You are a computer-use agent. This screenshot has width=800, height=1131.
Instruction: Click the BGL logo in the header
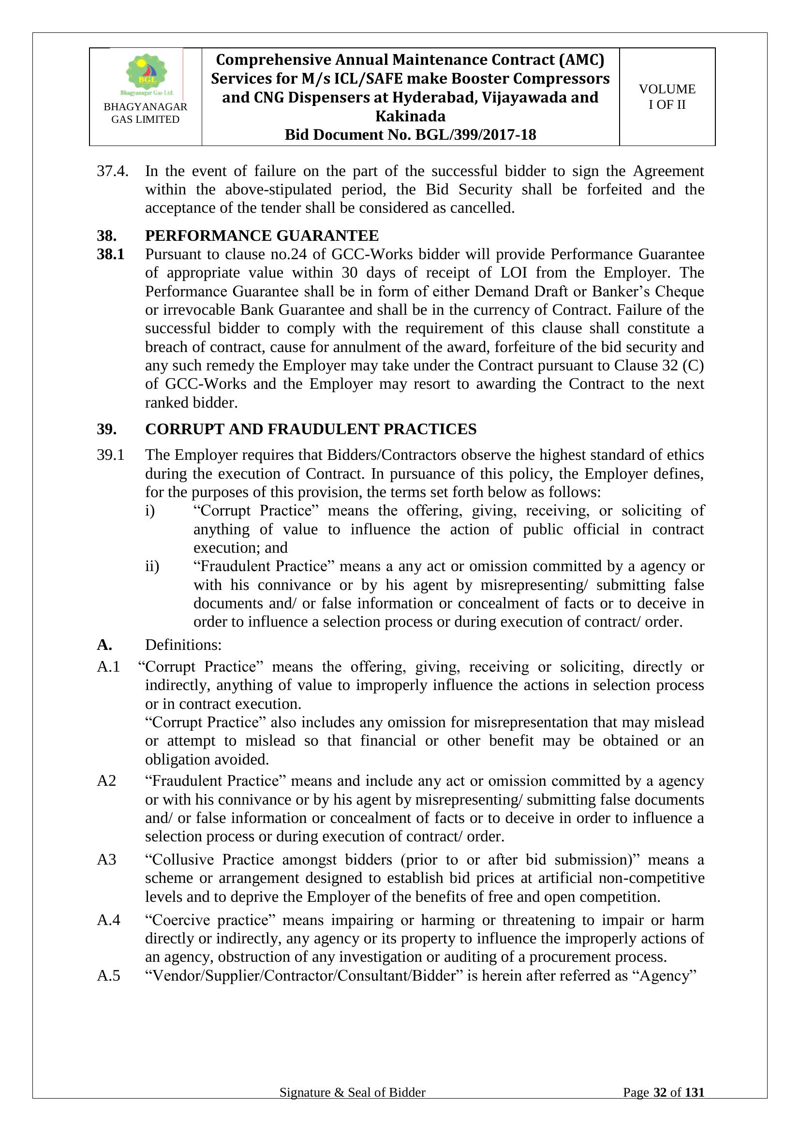coord(146,74)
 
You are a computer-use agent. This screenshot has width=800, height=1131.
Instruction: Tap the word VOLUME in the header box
coord(667,89)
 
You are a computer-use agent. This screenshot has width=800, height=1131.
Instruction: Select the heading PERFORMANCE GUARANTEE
coord(262,235)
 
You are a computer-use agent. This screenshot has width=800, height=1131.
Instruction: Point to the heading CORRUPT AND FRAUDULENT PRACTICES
coord(311,429)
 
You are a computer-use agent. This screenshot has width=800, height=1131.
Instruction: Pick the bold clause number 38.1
coord(110,254)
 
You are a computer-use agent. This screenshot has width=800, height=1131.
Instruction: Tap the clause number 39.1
coord(110,455)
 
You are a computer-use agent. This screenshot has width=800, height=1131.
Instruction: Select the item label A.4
coord(109,920)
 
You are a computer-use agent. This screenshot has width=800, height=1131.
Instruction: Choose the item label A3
coord(106,859)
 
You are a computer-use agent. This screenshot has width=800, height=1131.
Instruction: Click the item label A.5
coord(109,975)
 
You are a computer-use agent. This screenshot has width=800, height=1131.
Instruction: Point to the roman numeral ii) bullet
coord(152,566)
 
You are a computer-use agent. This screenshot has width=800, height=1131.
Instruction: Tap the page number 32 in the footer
coord(660,1106)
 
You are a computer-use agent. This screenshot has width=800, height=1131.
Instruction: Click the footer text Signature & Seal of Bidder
coord(352,1106)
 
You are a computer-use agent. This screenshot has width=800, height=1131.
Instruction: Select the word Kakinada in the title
coord(410,116)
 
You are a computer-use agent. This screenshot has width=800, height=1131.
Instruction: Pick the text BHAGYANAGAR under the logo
coord(145,107)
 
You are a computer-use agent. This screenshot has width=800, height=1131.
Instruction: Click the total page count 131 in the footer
coord(695,1106)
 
